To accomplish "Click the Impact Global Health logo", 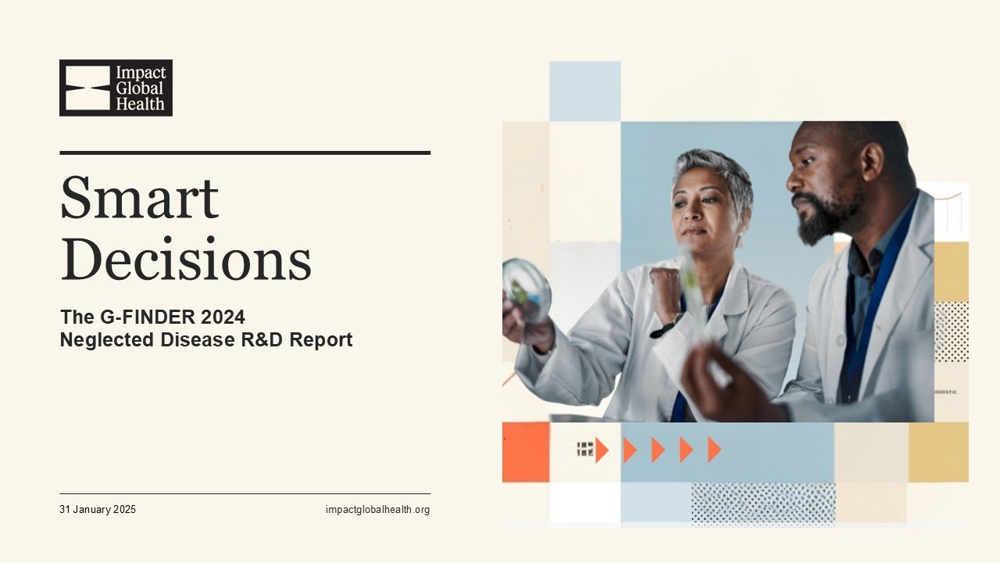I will pyautogui.click(x=116, y=88).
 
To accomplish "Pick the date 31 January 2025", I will pyautogui.click(x=98, y=510).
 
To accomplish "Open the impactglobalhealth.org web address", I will pyautogui.click(x=377, y=510).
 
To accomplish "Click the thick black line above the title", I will pyautogui.click(x=245, y=152).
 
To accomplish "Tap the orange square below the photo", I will pyautogui.click(x=525, y=452).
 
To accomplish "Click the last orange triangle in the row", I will pyautogui.click(x=714, y=450).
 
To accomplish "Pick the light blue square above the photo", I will pyautogui.click(x=584, y=91).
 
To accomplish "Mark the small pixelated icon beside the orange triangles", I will pyautogui.click(x=585, y=449).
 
